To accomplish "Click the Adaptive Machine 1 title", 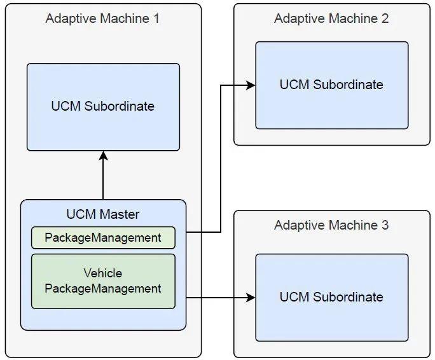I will (x=102, y=18).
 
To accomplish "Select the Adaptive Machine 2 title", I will (x=331, y=18).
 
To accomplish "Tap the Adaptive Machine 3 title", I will (x=331, y=225).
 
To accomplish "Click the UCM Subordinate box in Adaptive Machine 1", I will (x=103, y=106).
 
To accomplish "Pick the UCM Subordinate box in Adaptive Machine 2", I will (x=331, y=85).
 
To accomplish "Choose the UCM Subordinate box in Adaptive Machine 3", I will (x=331, y=297).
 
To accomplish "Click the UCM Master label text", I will (x=102, y=214).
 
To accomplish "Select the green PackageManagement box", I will (x=103, y=238).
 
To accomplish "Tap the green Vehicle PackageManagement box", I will (x=103, y=281).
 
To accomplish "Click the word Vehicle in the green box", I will (x=103, y=273).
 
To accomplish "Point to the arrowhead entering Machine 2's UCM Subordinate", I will (x=251, y=85).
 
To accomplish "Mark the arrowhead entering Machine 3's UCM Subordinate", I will (x=251, y=297).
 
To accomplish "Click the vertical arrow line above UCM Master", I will (x=103, y=178).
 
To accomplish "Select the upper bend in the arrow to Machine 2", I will (x=221, y=85).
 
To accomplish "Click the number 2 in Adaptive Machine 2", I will (x=385, y=18).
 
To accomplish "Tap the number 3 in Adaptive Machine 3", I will (x=385, y=225).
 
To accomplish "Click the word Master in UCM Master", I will (x=120, y=214).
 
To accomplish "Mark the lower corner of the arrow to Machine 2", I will (x=221, y=232).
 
